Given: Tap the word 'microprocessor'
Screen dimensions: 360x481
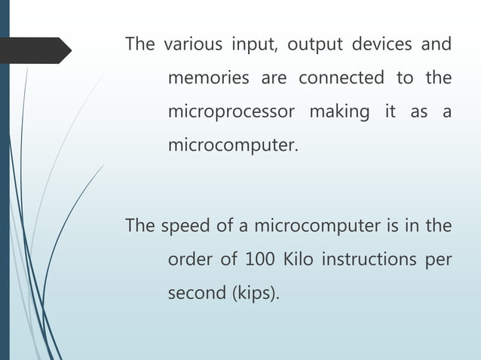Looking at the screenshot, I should click(x=231, y=112).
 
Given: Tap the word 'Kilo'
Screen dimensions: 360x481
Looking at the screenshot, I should click(x=298, y=260).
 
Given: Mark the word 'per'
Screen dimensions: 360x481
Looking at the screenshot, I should click(x=437, y=261).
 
